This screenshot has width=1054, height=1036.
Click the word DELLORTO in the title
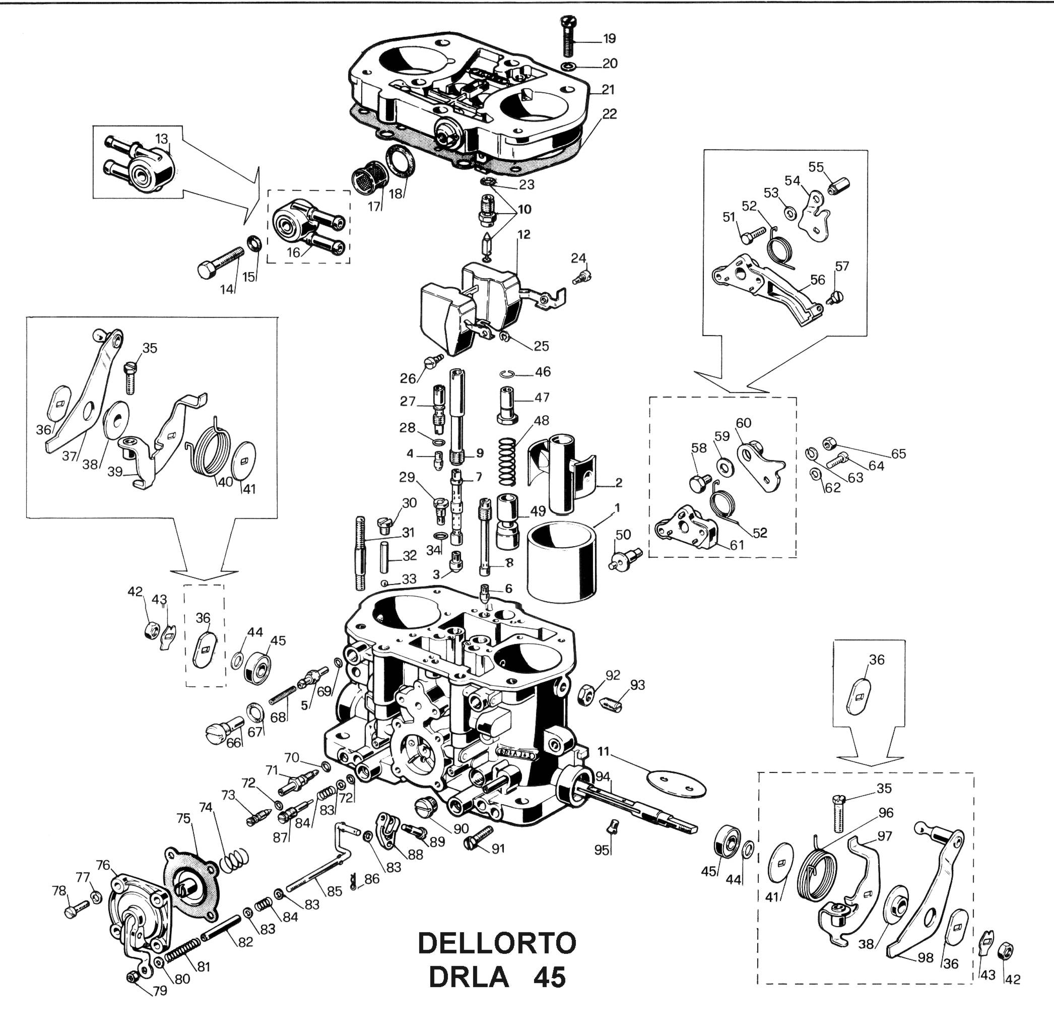click(x=496, y=943)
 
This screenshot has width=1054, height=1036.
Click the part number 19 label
click(x=610, y=39)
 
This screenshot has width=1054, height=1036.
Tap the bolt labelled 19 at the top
click(x=568, y=36)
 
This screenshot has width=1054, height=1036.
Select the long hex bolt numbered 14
click(x=221, y=262)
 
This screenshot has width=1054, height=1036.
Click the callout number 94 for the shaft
click(x=603, y=776)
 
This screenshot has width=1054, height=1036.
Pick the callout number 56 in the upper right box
click(x=817, y=280)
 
